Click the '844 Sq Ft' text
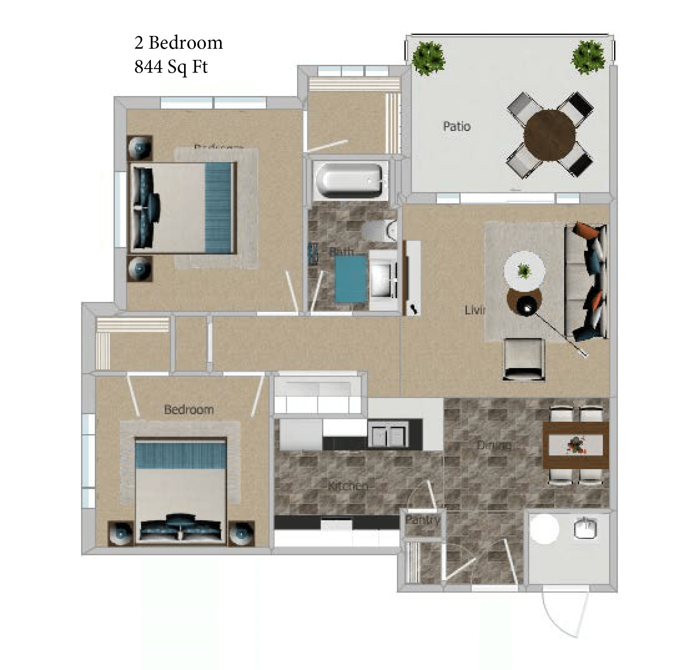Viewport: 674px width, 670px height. click(171, 67)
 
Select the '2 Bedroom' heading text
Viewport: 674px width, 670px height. click(178, 43)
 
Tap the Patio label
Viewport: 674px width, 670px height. click(457, 127)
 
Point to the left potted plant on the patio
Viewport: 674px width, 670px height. click(428, 58)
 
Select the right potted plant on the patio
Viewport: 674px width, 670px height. click(587, 57)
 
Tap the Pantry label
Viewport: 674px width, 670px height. click(422, 520)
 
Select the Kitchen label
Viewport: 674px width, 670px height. click(347, 486)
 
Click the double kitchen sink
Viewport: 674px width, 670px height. click(387, 436)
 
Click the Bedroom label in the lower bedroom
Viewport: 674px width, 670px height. click(189, 409)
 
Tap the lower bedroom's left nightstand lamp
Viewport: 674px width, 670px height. click(121, 533)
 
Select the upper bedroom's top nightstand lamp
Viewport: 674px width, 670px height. click(139, 148)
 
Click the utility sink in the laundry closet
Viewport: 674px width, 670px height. click(585, 529)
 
